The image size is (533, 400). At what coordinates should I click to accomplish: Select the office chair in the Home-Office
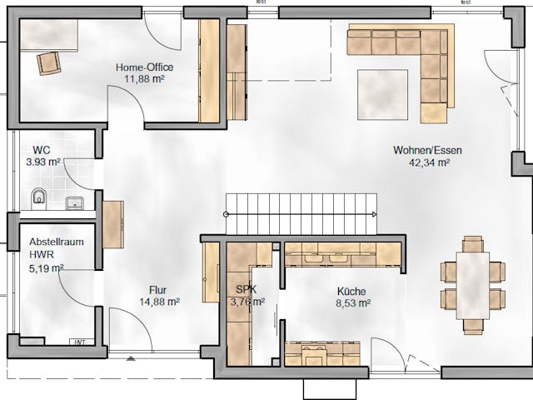pos(48,62)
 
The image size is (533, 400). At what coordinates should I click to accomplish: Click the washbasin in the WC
pos(76,201)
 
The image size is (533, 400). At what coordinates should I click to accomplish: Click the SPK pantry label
pos(247,290)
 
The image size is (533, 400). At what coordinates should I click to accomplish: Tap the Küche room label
pos(351,292)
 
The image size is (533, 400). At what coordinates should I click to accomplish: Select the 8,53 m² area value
pos(351,303)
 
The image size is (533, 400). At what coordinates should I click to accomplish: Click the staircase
pos(301,213)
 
